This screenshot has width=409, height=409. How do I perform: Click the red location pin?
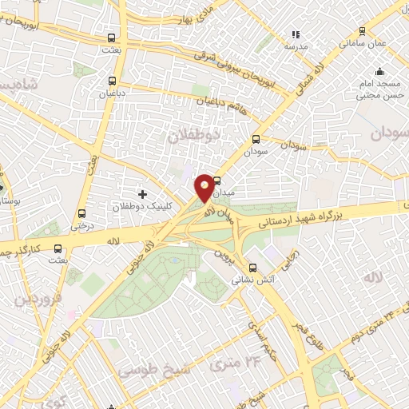(204, 188)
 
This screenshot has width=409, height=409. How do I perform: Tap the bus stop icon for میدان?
(216, 180)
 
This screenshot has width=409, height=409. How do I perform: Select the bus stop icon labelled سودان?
(256, 137)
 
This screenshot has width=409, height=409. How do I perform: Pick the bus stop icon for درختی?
(81, 213)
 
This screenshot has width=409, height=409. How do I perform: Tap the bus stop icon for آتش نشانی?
(253, 268)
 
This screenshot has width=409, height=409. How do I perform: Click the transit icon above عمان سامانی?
(362, 31)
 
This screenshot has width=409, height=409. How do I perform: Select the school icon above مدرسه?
(296, 34)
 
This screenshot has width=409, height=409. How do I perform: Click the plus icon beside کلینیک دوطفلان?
(142, 193)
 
